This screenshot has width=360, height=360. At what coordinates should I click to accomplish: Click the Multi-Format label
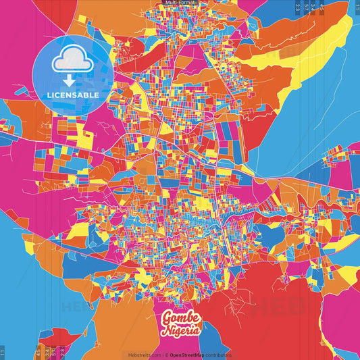tap(180, 3)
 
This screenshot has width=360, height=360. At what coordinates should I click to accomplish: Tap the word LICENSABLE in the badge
tap(72, 95)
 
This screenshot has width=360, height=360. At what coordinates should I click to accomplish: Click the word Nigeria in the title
tap(180, 330)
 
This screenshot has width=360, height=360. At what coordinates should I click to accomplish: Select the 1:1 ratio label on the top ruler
tap(357, 7)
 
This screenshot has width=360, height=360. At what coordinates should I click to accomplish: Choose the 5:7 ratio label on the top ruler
tap(307, 7)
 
